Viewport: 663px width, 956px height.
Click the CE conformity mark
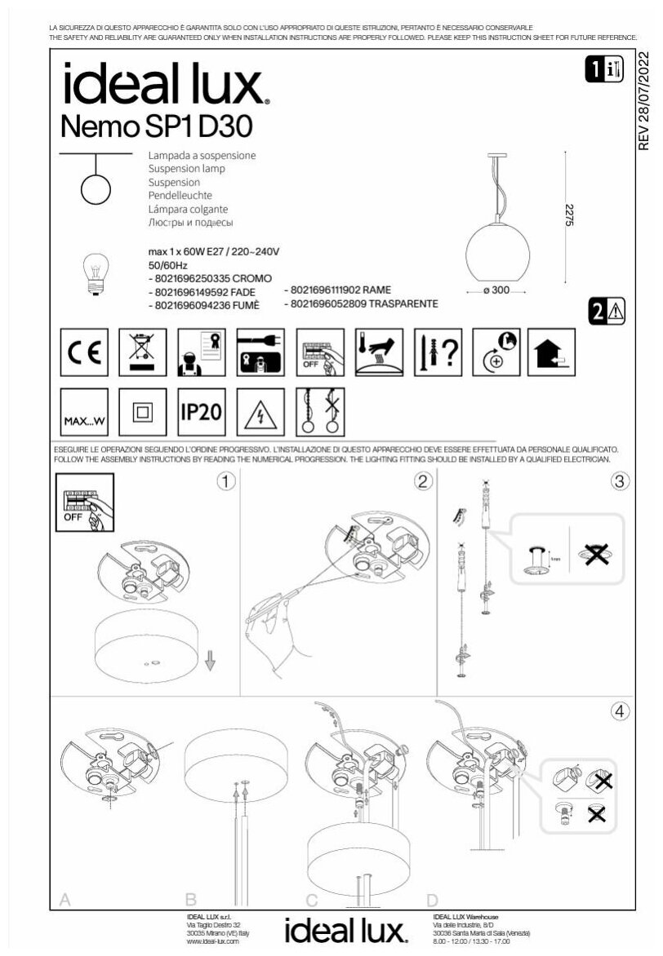[84, 352]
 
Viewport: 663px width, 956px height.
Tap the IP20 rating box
[201, 411]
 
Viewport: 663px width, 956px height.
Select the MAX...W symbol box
[84, 411]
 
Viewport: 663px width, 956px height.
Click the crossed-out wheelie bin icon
[143, 352]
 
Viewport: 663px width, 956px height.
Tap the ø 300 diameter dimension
[496, 291]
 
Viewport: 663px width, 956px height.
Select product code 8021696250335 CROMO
[210, 279]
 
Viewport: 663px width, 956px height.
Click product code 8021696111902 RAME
[338, 290]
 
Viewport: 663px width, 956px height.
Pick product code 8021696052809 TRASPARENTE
[362, 303]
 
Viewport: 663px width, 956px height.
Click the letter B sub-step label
[191, 900]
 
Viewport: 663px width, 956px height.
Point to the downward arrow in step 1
[211, 659]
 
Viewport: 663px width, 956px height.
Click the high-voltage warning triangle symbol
[260, 412]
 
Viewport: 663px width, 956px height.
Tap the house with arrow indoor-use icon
[551, 352]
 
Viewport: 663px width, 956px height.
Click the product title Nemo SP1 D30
[157, 126]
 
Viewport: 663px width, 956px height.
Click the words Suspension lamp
[186, 169]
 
